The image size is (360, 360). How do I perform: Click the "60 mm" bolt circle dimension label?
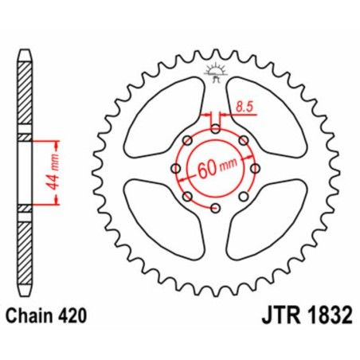pos(215,169)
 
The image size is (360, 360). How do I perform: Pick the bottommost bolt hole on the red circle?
pos(215,209)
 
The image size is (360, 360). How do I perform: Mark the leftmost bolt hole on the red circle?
pos(175,169)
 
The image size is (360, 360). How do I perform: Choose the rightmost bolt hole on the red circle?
pos(255,169)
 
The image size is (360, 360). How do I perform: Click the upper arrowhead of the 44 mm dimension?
pos(56,146)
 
